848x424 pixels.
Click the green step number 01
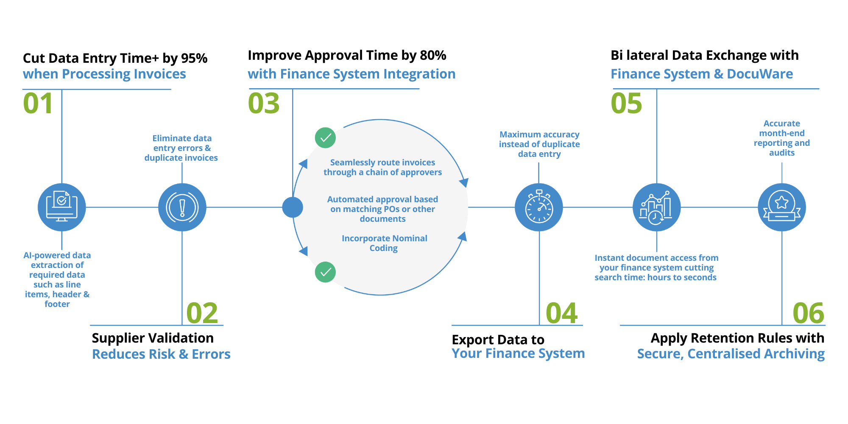click(x=38, y=103)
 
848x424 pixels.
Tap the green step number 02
click(x=202, y=313)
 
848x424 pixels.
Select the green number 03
click(x=264, y=103)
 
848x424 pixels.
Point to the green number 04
click(x=562, y=313)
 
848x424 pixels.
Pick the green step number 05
click(x=627, y=103)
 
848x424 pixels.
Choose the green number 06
click(x=809, y=313)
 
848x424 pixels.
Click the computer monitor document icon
click(x=62, y=207)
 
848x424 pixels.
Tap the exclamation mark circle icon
click(x=182, y=207)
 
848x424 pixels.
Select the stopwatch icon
click(x=539, y=207)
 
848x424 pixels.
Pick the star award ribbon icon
click(x=782, y=207)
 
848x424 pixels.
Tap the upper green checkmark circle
click(x=326, y=138)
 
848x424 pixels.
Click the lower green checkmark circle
click(x=326, y=272)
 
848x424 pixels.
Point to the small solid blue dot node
click(x=293, y=207)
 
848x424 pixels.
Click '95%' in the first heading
click(x=194, y=58)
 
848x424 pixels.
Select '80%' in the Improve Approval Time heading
click(x=433, y=55)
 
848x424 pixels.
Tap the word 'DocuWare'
click(x=760, y=74)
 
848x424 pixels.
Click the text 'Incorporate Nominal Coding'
click(x=384, y=243)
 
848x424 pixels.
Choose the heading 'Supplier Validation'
click(x=153, y=338)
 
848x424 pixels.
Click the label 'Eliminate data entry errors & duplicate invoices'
click(x=181, y=148)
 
